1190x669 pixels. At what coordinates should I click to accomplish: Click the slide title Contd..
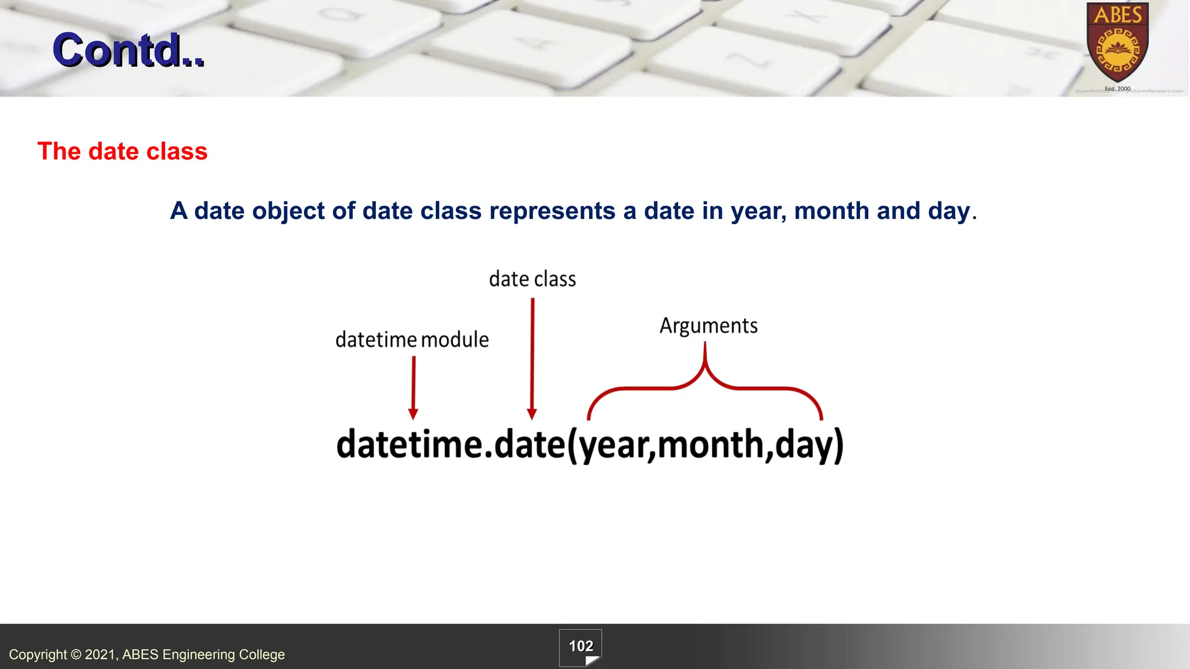(128, 50)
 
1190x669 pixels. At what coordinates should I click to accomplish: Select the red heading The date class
(122, 151)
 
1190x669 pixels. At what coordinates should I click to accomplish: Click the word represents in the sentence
(552, 211)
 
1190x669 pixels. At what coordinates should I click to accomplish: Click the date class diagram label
(532, 279)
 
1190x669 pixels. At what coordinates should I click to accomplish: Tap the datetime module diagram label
(412, 340)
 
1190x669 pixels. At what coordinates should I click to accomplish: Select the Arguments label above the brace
(708, 326)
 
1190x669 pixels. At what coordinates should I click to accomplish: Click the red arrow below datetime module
(413, 387)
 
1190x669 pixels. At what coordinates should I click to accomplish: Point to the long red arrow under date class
(532, 357)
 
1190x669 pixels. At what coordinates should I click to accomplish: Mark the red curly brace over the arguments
(705, 383)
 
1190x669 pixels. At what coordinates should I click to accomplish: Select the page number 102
(580, 646)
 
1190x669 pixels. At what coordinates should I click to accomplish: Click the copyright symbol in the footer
(76, 655)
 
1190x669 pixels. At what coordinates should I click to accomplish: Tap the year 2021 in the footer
(100, 655)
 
